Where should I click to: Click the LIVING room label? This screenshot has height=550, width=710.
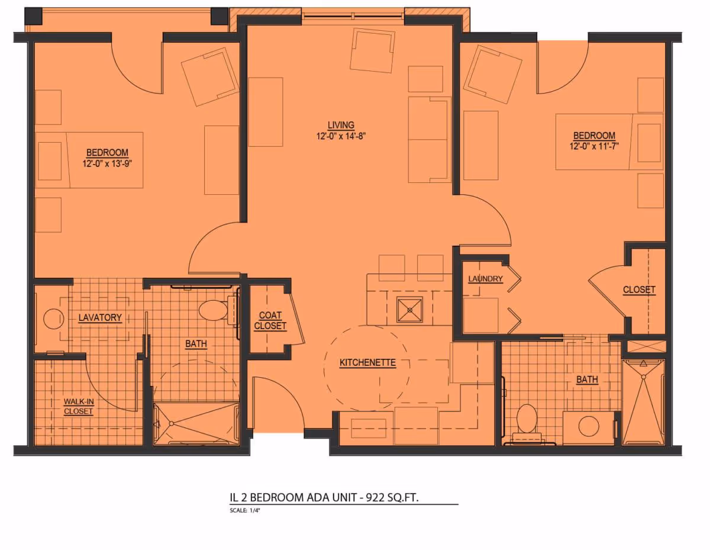pyautogui.click(x=341, y=125)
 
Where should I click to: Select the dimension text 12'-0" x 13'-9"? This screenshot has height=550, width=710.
pyautogui.click(x=106, y=164)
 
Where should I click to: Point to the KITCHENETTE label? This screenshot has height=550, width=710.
pyautogui.click(x=367, y=363)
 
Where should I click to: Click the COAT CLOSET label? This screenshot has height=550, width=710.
pyautogui.click(x=270, y=321)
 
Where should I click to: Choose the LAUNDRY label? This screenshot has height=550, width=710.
pyautogui.click(x=485, y=279)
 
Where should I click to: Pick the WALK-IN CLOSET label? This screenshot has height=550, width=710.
pyautogui.click(x=78, y=406)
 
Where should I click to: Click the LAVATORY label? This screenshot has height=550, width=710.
pyautogui.click(x=100, y=318)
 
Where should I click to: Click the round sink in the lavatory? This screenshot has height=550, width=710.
pyautogui.click(x=53, y=319)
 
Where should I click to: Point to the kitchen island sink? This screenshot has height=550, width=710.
pyautogui.click(x=410, y=309)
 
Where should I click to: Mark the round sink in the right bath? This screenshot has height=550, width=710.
pyautogui.click(x=589, y=426)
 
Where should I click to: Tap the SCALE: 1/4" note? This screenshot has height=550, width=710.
pyautogui.click(x=245, y=510)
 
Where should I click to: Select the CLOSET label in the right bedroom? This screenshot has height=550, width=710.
pyautogui.click(x=639, y=290)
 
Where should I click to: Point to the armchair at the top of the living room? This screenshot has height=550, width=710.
pyautogui.click(x=372, y=50)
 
